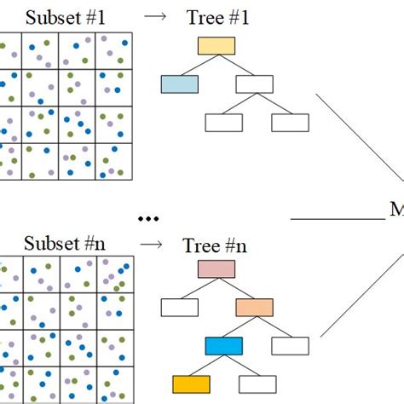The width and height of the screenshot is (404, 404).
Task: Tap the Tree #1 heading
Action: coord(216,16)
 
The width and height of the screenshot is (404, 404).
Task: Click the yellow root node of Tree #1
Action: coord(216,45)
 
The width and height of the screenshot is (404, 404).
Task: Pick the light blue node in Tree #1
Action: coord(179,84)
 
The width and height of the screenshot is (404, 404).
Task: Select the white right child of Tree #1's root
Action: coord(253,84)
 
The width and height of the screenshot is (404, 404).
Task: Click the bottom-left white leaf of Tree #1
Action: coord(223,122)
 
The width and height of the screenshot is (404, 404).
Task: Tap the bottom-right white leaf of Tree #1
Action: coord(290,122)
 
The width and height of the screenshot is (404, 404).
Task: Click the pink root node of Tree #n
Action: coord(216,270)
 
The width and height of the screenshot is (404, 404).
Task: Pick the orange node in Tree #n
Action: coord(253,308)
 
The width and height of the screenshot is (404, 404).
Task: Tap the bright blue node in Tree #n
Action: coord(223,345)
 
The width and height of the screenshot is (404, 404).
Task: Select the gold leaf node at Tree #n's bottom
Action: coord(190,384)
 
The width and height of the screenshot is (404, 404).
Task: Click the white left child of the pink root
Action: coord(179,308)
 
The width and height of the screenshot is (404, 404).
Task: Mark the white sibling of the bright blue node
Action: coord(290,345)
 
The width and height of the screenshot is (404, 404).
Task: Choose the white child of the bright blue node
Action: coord(257,384)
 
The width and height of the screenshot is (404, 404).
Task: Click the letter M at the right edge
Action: coord(396,209)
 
